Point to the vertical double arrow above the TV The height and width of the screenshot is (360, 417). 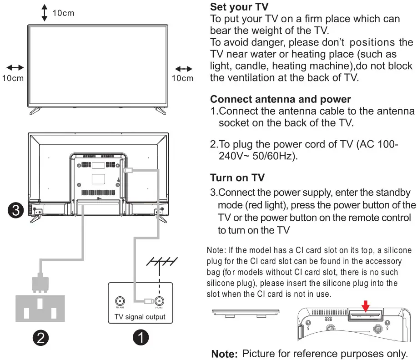pyautogui.click(x=44, y=13)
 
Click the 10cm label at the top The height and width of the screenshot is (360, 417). pyautogui.click(x=63, y=13)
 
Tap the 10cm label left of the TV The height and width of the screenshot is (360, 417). pyautogui.click(x=13, y=78)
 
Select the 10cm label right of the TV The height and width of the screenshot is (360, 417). pyautogui.click(x=182, y=78)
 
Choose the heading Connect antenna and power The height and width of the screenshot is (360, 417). pyautogui.click(x=281, y=99)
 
